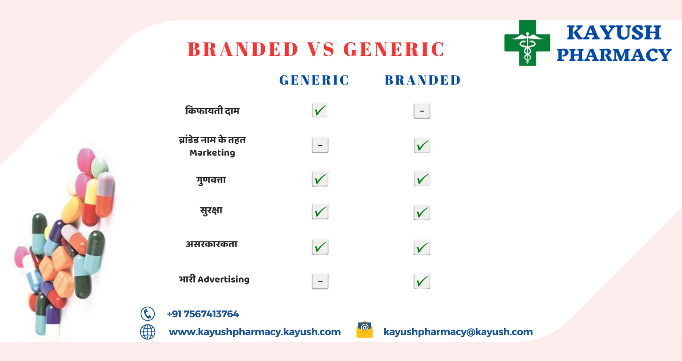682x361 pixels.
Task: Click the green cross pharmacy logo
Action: (x=527, y=43)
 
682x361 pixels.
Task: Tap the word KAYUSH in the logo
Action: (x=614, y=32)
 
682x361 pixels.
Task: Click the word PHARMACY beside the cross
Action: (x=614, y=55)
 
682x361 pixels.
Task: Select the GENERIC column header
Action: (x=314, y=80)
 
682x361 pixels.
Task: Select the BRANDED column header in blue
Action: (x=422, y=80)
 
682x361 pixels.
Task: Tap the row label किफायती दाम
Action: (x=212, y=110)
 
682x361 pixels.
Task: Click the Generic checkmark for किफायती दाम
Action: (x=320, y=110)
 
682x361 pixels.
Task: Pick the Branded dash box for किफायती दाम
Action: (x=422, y=111)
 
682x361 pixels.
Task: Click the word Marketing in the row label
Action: (x=212, y=153)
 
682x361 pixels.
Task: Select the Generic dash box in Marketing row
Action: (x=320, y=145)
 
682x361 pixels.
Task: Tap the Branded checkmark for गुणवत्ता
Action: (x=422, y=179)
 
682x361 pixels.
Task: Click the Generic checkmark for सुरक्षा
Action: (x=320, y=212)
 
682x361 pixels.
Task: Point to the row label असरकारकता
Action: (x=212, y=244)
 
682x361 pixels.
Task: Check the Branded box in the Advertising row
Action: (x=422, y=281)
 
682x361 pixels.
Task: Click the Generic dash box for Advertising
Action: (x=320, y=281)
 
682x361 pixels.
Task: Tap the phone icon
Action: (x=148, y=314)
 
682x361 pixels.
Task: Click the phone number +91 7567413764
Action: (x=203, y=314)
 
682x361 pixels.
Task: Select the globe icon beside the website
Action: (x=148, y=332)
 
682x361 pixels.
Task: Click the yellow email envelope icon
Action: (x=365, y=330)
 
